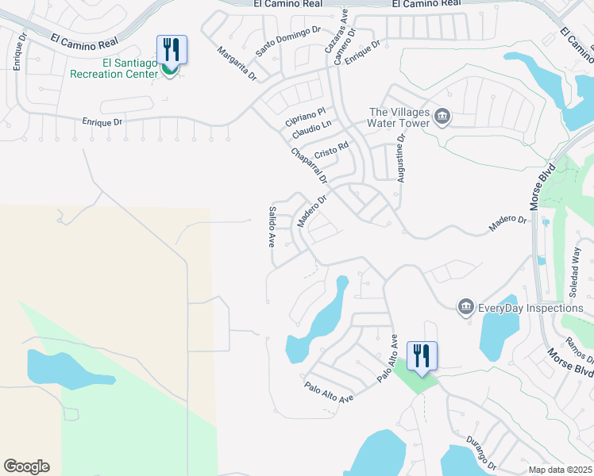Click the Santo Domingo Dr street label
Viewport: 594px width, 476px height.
(x=287, y=40)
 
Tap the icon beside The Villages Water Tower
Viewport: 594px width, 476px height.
(x=443, y=118)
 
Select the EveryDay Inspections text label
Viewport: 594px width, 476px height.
(x=531, y=308)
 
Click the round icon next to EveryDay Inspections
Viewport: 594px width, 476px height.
(x=466, y=306)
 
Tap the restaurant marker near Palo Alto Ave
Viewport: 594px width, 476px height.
(x=422, y=354)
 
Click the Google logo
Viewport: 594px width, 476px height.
(x=26, y=466)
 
